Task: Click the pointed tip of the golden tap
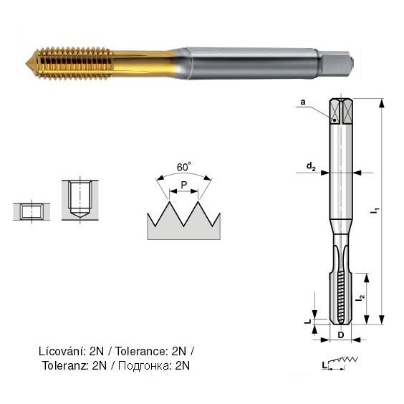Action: (x=27, y=63)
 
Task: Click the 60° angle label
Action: (x=184, y=167)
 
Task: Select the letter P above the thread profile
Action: (x=183, y=185)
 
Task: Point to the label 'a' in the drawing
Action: (x=303, y=102)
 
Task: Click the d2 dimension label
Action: (x=311, y=166)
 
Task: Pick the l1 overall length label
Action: (x=375, y=211)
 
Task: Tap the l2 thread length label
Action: (x=360, y=298)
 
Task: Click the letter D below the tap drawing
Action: (x=341, y=335)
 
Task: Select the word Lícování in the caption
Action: (x=62, y=351)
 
